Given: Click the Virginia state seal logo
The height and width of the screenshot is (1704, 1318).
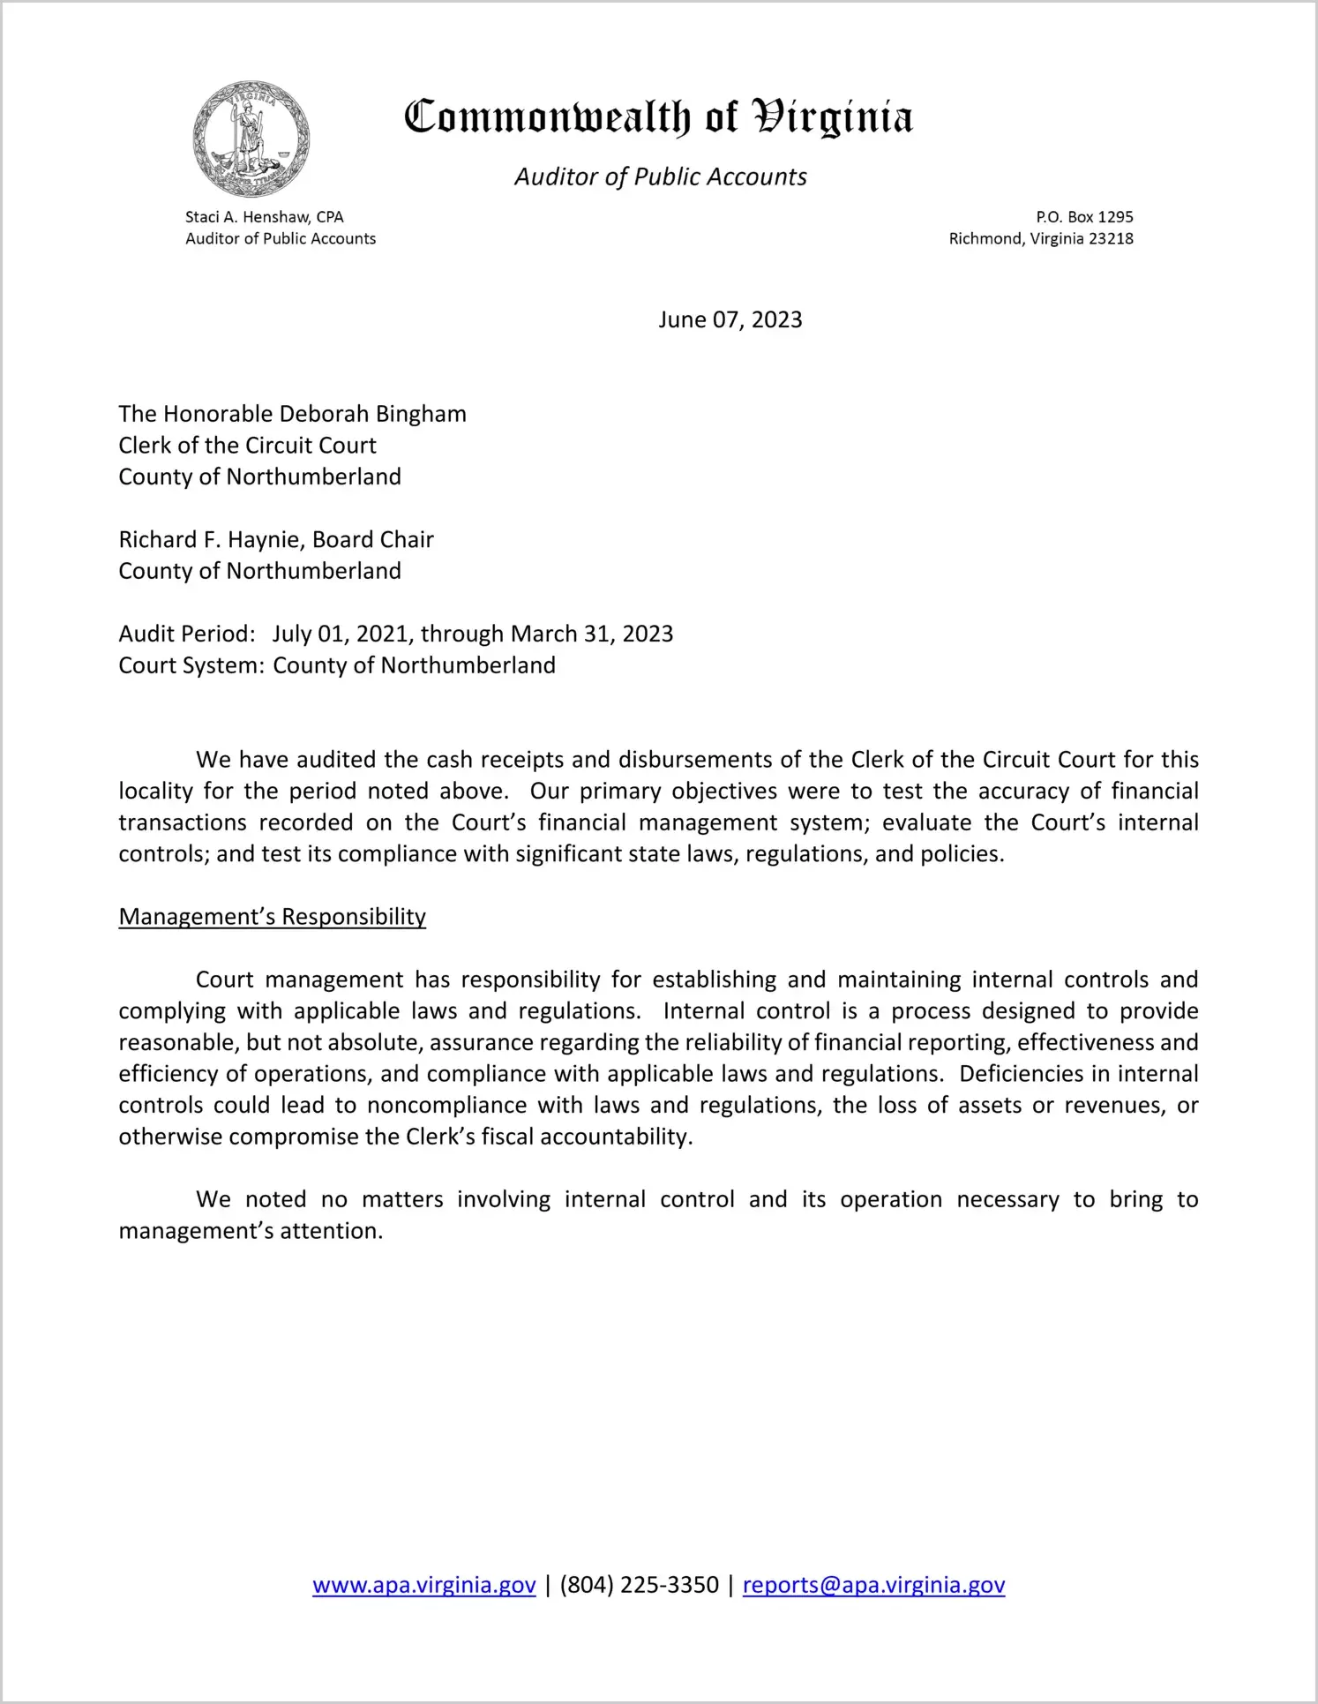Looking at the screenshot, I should click(251, 139).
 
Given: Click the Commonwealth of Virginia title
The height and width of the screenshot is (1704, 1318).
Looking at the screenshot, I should click(658, 117).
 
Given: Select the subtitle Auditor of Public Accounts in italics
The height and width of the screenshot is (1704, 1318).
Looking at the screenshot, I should click(660, 177).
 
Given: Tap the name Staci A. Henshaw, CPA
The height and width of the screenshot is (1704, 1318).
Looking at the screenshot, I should click(264, 217).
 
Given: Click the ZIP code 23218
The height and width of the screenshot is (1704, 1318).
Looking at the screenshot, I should click(1111, 239).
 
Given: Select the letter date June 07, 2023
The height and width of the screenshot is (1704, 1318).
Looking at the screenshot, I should click(730, 319).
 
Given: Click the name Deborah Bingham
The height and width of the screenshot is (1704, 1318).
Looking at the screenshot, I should click(373, 414).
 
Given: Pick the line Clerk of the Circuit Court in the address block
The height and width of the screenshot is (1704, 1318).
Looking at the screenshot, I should click(248, 446).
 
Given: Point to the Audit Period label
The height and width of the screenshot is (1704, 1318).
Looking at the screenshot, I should click(187, 634).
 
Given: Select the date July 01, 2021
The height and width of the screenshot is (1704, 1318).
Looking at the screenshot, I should click(341, 634).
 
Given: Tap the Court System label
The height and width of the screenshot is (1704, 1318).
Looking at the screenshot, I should click(191, 665).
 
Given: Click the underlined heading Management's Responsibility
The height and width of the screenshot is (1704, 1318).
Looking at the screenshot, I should click(273, 917).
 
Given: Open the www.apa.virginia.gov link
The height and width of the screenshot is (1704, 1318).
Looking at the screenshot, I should click(424, 1586).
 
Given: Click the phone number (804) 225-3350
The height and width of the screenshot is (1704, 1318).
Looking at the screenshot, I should click(640, 1586).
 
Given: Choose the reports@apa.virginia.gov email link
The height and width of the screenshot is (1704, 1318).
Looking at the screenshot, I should click(873, 1586).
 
